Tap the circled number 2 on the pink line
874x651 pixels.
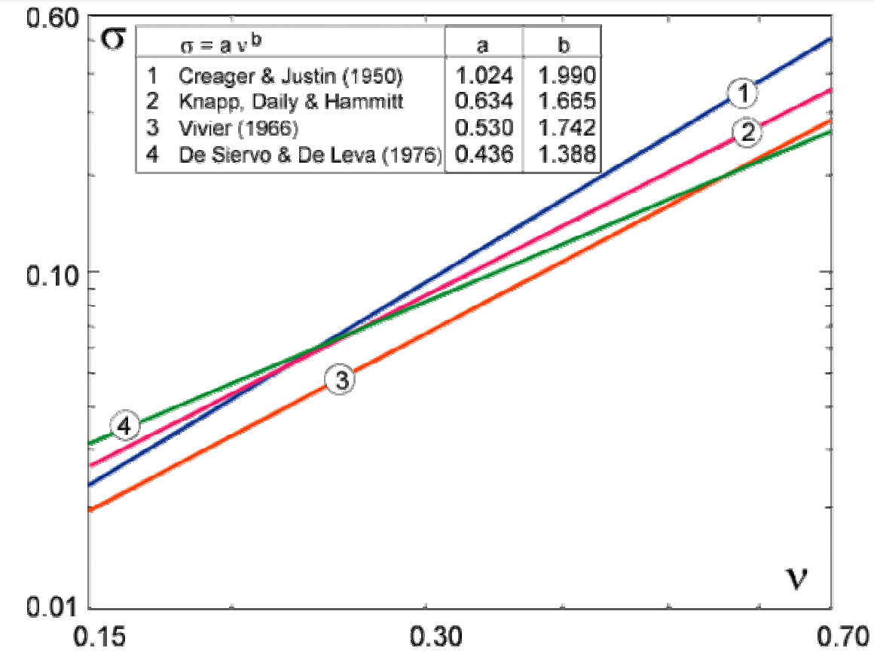click(747, 133)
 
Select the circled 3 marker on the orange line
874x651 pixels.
click(341, 380)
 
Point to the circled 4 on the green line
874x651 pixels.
click(125, 426)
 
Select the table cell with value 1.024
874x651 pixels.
click(484, 75)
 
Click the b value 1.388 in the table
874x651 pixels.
click(562, 155)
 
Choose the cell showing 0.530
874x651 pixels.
click(484, 129)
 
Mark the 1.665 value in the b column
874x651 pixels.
click(562, 102)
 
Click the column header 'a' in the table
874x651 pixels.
click(484, 45)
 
